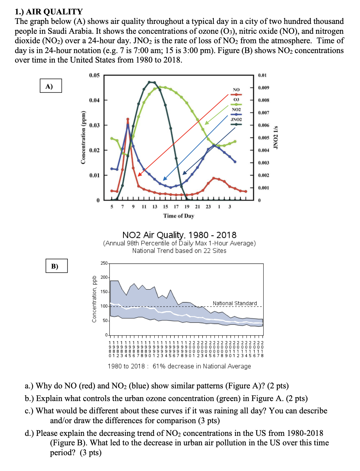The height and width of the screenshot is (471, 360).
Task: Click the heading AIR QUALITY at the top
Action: [x=54, y=12]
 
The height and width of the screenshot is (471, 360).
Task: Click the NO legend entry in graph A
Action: [x=236, y=90]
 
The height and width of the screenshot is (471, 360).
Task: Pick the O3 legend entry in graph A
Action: [x=236, y=100]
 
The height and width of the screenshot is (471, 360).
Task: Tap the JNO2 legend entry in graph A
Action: [x=236, y=120]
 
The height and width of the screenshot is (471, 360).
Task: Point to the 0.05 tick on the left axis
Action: [x=94, y=75]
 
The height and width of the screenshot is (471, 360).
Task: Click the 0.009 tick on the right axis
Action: [x=263, y=88]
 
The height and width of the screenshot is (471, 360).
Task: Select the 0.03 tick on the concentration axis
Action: [x=94, y=125]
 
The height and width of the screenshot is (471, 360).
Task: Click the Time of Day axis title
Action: [x=179, y=216]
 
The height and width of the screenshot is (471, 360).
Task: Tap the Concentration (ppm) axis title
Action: [x=83, y=137]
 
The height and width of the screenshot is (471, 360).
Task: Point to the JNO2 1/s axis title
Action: [x=276, y=137]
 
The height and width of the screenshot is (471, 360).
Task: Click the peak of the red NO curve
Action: [x=128, y=119]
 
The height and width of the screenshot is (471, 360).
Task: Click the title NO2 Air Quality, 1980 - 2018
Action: [x=179, y=235]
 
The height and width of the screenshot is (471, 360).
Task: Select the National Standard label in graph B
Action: [x=235, y=303]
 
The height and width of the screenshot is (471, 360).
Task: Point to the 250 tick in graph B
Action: [x=104, y=263]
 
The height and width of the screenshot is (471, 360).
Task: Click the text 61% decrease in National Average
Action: [x=202, y=366]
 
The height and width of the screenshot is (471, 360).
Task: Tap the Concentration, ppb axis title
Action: [x=94, y=299]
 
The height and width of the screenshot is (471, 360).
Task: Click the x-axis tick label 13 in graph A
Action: [x=155, y=207]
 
